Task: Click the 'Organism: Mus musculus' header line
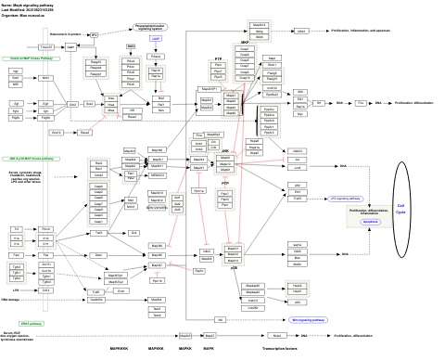coord(28,15)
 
